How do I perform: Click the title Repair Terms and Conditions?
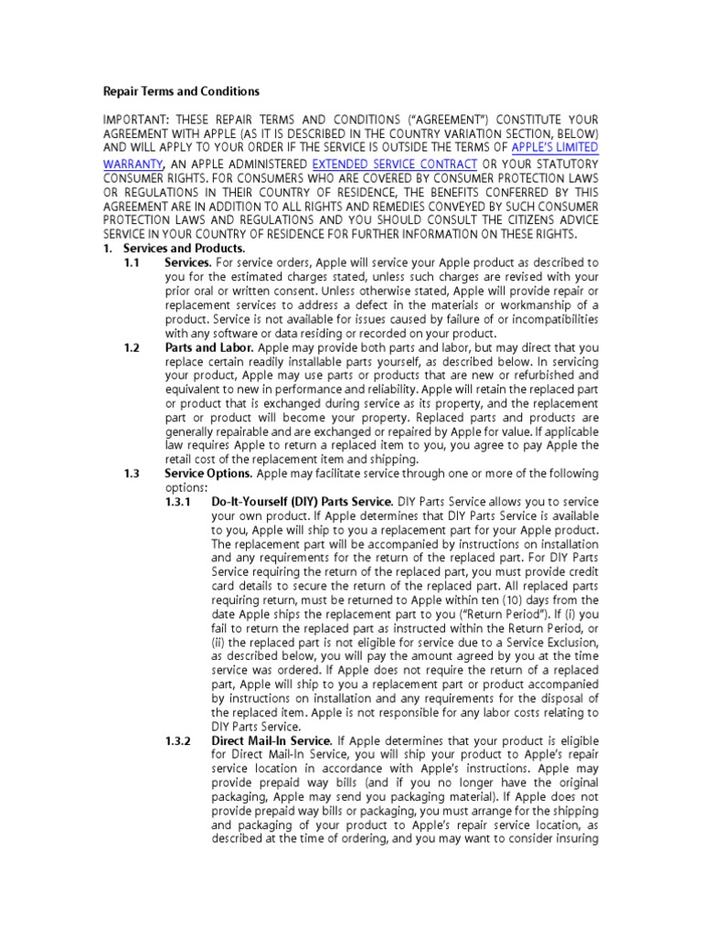(180, 91)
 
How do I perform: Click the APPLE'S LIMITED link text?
(555, 148)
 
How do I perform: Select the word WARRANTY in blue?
(132, 163)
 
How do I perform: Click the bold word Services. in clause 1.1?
(188, 262)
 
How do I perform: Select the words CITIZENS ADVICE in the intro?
(554, 219)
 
